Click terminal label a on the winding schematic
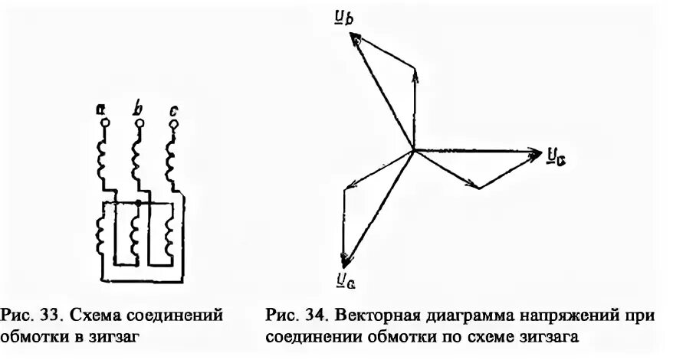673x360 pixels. click(x=101, y=110)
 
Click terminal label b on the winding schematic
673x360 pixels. click(x=138, y=109)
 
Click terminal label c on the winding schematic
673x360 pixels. click(x=174, y=110)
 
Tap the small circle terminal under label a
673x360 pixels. click(x=104, y=123)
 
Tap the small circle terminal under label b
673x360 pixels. click(x=137, y=123)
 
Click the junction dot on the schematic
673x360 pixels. click(x=136, y=203)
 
